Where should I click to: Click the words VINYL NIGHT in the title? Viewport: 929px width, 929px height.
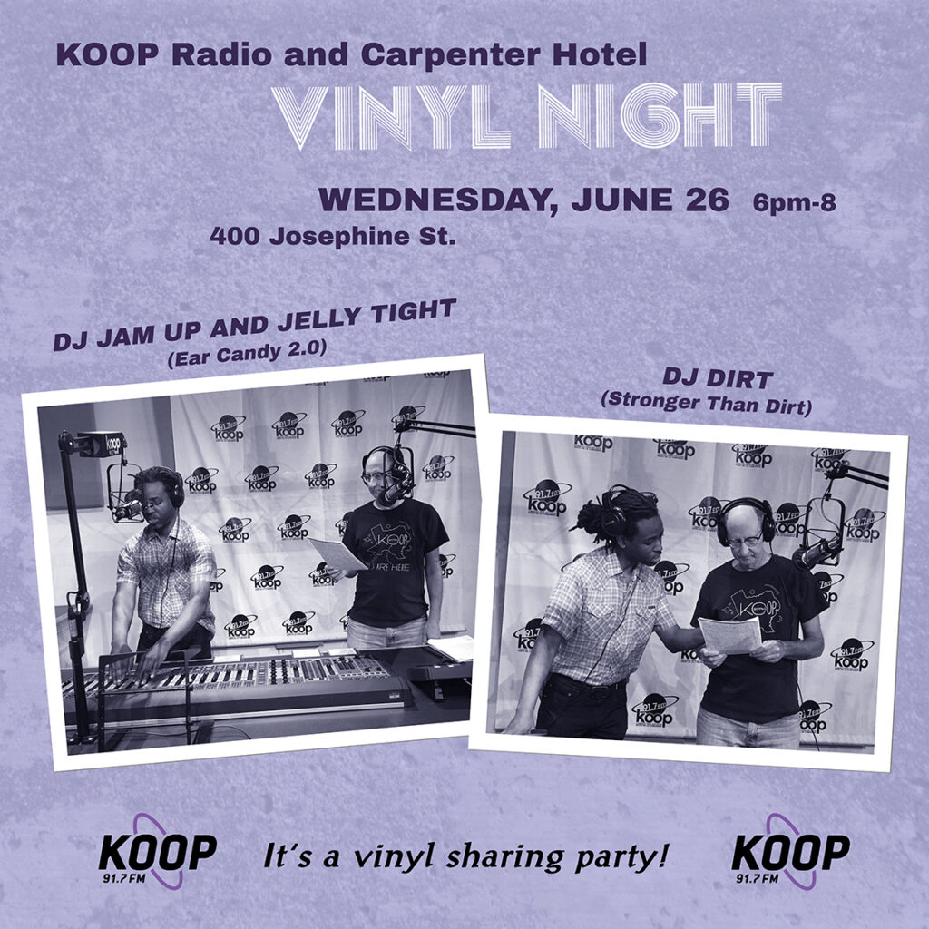point(527,115)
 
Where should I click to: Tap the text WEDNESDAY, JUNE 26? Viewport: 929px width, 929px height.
point(523,200)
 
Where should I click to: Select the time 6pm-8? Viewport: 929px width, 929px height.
point(794,203)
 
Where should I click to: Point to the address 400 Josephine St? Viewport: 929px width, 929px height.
point(333,237)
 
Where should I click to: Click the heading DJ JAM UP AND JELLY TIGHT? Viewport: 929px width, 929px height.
point(255,325)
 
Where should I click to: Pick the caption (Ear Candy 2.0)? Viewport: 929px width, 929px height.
point(247,354)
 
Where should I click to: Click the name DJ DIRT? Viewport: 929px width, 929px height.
point(718,378)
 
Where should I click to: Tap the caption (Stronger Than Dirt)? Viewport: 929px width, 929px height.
point(706,404)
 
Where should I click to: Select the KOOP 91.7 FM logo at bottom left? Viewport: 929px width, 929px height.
point(156,852)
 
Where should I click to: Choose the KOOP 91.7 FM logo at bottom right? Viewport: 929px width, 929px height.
point(790,852)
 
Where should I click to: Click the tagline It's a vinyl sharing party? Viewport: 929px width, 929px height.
point(466,856)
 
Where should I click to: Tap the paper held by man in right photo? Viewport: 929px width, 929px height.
point(730,635)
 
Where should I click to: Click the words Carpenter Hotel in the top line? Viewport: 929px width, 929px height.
point(504,54)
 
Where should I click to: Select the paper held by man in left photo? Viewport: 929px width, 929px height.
point(337,555)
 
